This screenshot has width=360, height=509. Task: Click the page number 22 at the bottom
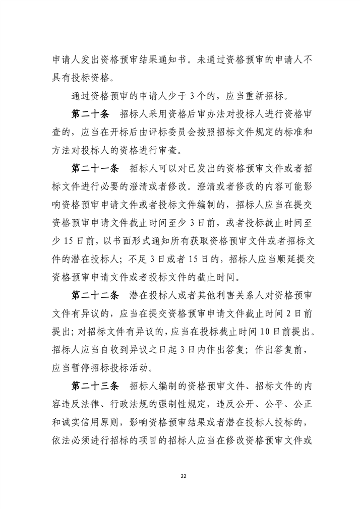(x=180, y=474)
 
